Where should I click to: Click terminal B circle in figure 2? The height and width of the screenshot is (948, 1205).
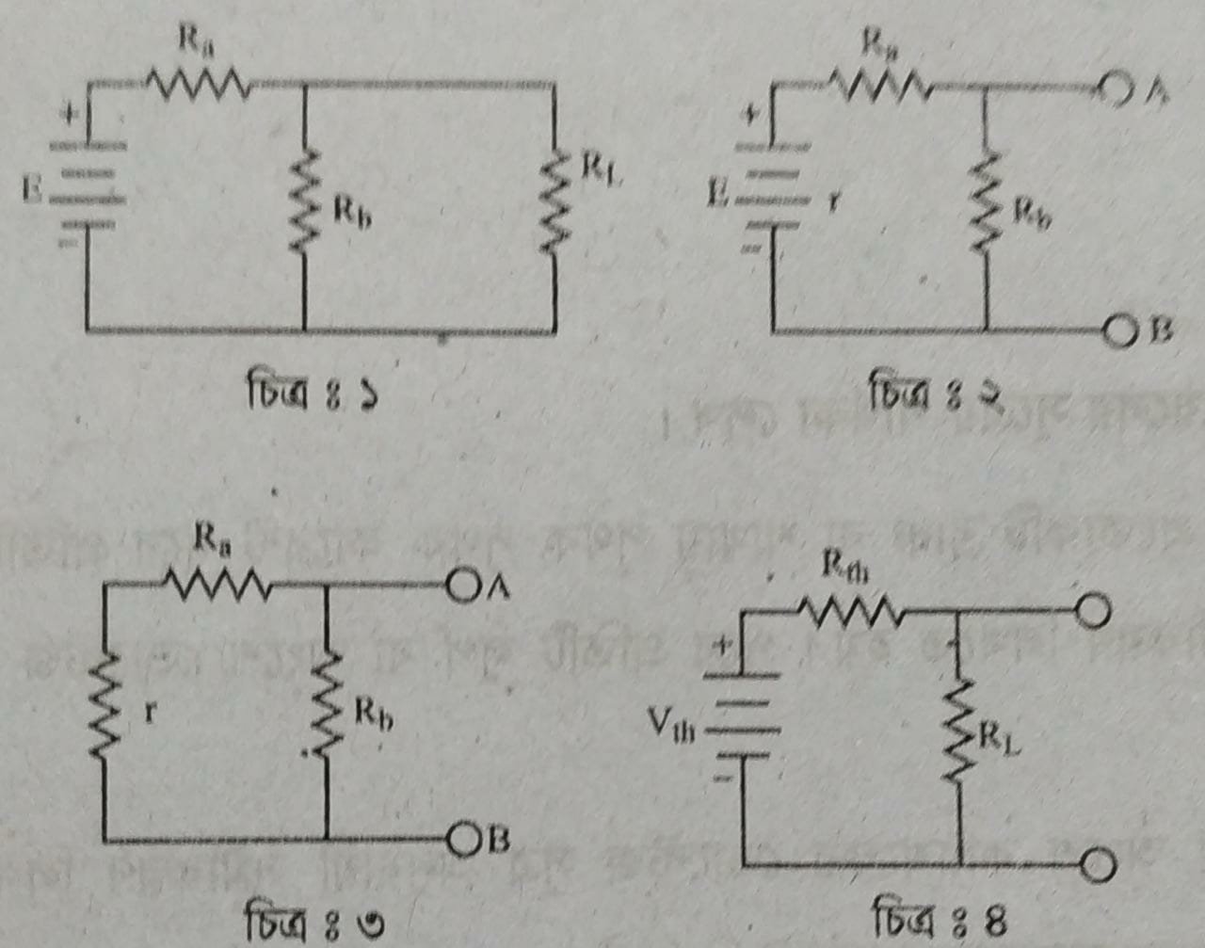coord(1120,331)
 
